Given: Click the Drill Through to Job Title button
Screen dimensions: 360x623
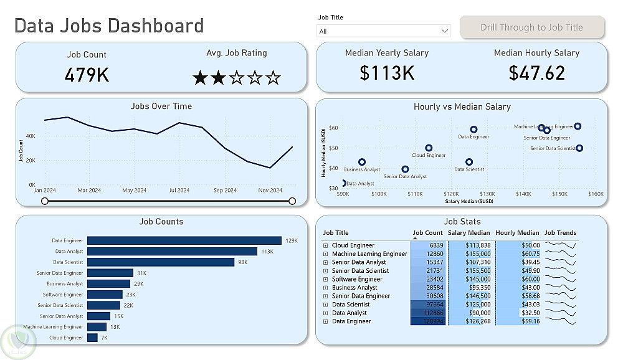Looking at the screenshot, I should pyautogui.click(x=531, y=27).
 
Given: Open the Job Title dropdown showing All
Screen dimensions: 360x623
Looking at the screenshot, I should pyautogui.click(x=384, y=31).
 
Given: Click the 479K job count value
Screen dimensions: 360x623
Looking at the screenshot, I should pyautogui.click(x=87, y=75).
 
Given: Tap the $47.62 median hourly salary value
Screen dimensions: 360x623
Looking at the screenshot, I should pyautogui.click(x=536, y=73).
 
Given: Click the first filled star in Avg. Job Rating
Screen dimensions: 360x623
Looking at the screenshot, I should pyautogui.click(x=200, y=78).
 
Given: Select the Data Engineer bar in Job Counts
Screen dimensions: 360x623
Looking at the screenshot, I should pyautogui.click(x=184, y=240).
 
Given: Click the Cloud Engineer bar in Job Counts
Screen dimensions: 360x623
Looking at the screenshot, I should pyautogui.click(x=92, y=338).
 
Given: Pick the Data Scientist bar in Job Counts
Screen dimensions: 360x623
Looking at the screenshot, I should pyautogui.click(x=160, y=262).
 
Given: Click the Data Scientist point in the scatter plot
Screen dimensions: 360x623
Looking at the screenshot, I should pyautogui.click(x=469, y=162).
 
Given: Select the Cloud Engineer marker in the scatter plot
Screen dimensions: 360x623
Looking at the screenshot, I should pyautogui.click(x=429, y=148).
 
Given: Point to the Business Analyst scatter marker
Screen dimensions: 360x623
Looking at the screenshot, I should pyautogui.click(x=362, y=162).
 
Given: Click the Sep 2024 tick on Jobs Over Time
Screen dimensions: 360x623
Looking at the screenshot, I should pyautogui.click(x=225, y=191).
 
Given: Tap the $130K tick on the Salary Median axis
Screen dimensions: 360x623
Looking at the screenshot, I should pyautogui.click(x=487, y=194).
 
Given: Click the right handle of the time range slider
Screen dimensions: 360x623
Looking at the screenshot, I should pyautogui.click(x=292, y=201).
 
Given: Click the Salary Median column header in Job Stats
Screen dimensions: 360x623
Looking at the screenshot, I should pyautogui.click(x=468, y=233).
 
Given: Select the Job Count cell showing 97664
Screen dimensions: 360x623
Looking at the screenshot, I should pyautogui.click(x=429, y=305).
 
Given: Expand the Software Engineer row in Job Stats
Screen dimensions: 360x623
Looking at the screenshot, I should pyautogui.click(x=325, y=280).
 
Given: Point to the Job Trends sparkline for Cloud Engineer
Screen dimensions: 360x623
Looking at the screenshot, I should pyautogui.click(x=561, y=246).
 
